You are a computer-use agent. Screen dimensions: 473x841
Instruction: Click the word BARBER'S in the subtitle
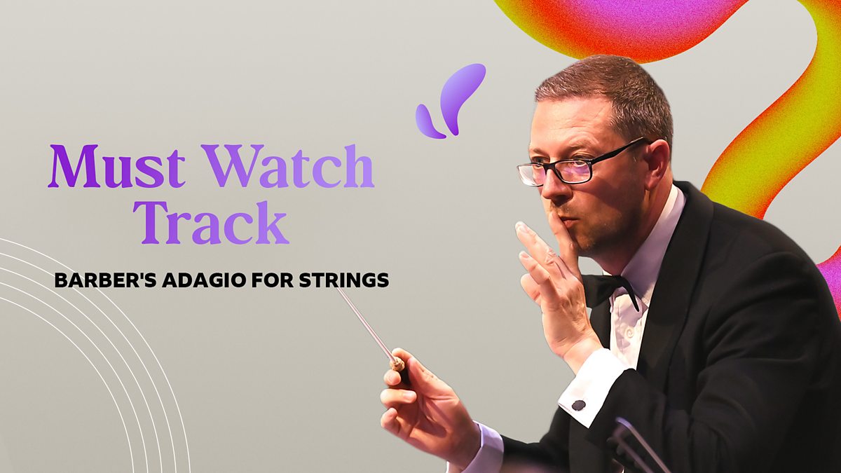point(95,281)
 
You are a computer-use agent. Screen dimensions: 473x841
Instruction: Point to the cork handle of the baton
point(397,363)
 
